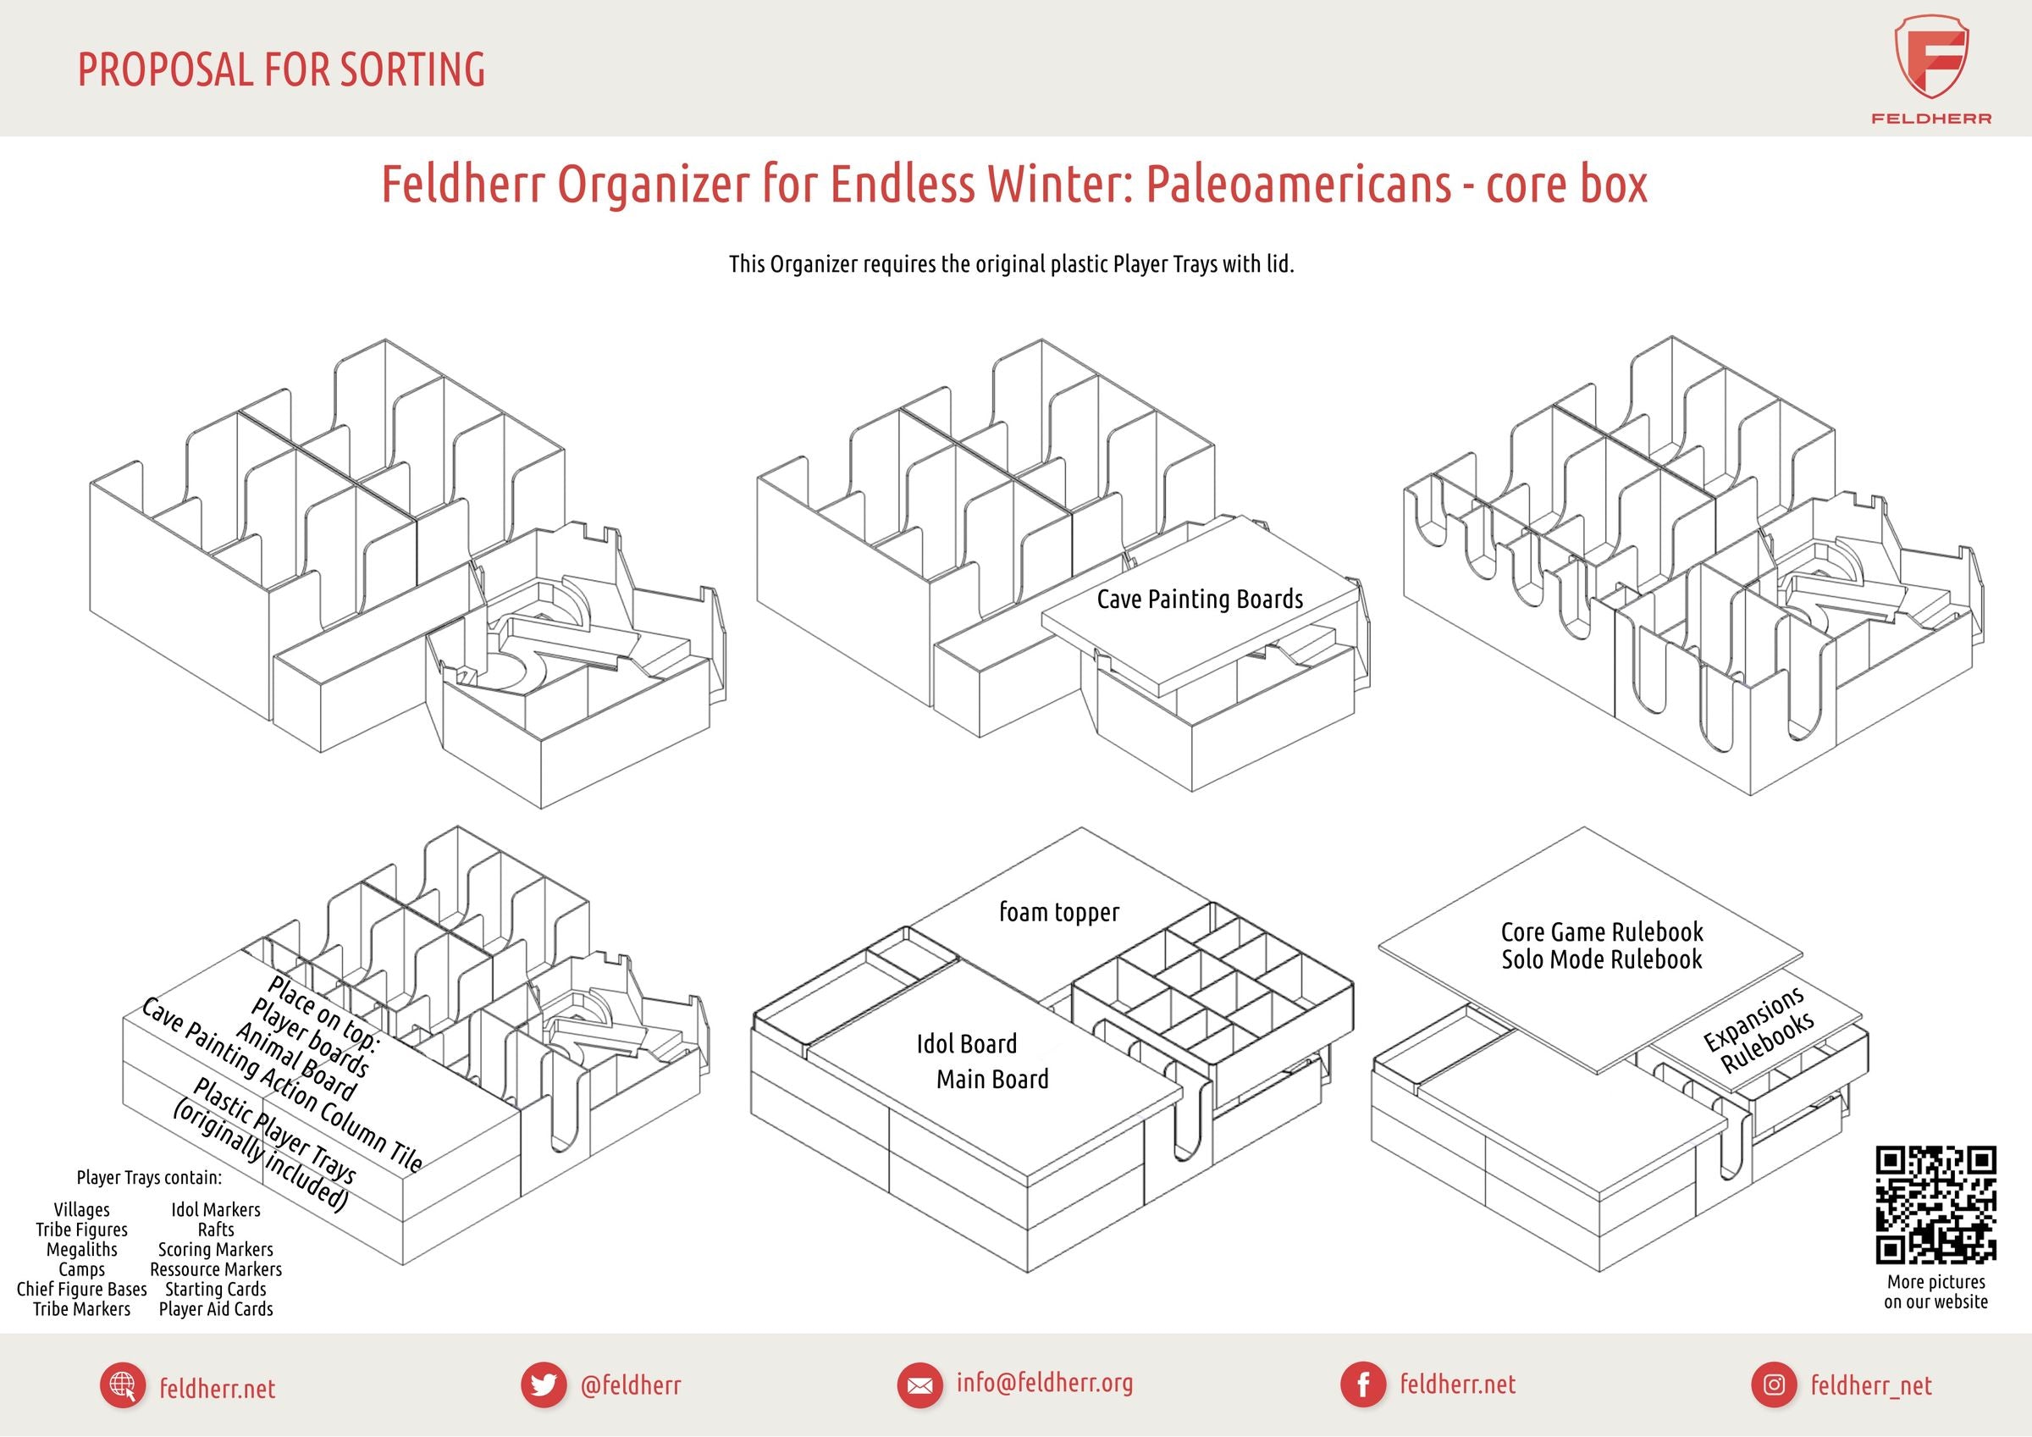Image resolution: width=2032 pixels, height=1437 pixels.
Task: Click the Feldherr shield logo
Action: pos(1931,58)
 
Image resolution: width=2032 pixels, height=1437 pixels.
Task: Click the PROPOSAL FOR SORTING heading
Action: pos(281,70)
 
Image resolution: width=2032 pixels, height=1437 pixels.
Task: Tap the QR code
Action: pos(1935,1205)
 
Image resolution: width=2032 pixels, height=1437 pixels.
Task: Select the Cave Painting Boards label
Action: pos(1199,600)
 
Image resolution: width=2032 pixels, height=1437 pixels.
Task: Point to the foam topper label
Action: pos(1058,912)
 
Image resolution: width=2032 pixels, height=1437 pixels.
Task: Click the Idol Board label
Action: pos(966,1044)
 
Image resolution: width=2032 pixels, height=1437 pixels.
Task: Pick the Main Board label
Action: pos(992,1080)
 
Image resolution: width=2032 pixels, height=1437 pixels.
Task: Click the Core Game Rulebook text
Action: pos(1601,931)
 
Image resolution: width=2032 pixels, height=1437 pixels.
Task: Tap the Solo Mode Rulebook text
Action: pos(1601,959)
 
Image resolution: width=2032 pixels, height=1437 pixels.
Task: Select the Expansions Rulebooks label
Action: pos(1760,1032)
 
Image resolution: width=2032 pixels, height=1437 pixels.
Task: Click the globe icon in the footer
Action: pos(123,1384)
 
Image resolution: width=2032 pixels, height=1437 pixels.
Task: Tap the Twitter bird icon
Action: pos(544,1384)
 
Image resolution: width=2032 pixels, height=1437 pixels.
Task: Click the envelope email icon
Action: pos(919,1384)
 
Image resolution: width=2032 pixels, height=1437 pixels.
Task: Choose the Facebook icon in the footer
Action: pos(1364,1384)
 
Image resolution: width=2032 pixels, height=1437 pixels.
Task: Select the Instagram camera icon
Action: pos(1774,1384)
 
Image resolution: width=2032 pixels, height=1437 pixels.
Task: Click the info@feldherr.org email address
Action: pos(1044,1382)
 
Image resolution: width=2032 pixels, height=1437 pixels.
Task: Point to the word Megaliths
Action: pos(81,1249)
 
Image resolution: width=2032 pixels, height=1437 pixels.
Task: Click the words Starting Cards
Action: pos(215,1289)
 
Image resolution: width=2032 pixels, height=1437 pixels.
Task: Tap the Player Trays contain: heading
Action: pos(149,1178)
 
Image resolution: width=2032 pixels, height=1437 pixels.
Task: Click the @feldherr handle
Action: pos(630,1384)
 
